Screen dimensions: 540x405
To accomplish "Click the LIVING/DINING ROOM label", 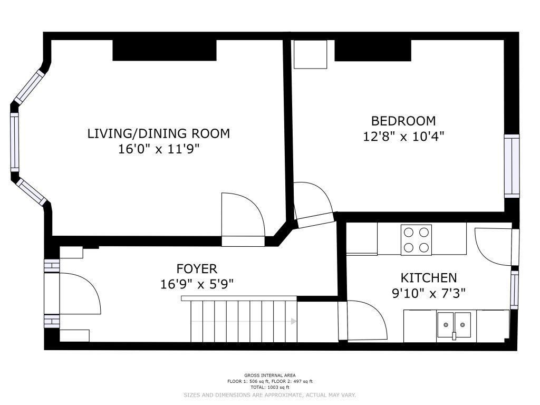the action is (x=158, y=133).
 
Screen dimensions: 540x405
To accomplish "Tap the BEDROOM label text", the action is (x=403, y=121).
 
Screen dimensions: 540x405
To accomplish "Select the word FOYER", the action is (x=197, y=268).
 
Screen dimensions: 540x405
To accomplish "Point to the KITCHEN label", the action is (x=429, y=278).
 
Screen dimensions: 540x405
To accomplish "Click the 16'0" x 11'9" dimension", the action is (x=159, y=149).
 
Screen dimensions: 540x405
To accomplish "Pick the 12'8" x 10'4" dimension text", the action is (x=403, y=137).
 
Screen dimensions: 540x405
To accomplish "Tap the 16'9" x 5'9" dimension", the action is (x=197, y=284).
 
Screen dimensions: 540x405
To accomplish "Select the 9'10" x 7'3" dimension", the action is (x=429, y=293).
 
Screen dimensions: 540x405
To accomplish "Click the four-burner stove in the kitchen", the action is (x=416, y=240).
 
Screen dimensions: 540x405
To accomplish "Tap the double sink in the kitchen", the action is (x=454, y=325).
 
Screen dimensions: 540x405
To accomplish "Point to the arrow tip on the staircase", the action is (x=295, y=321).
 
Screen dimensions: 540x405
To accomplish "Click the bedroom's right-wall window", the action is (x=512, y=166).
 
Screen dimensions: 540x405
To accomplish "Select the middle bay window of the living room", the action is (x=14, y=142).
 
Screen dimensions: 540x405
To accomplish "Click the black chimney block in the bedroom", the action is (x=373, y=51).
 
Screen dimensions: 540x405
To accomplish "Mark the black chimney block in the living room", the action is (x=165, y=50).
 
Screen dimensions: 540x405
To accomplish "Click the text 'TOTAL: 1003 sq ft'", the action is (x=269, y=388).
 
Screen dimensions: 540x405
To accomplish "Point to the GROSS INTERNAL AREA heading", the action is (x=269, y=375).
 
